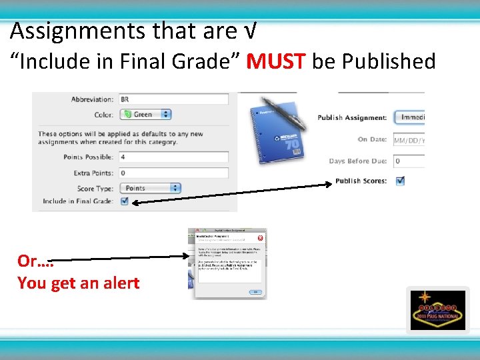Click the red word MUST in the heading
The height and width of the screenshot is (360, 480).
(275, 61)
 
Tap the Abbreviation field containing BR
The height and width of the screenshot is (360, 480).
(173, 99)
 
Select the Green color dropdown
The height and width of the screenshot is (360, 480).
(145, 115)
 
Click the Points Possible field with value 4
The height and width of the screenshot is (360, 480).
(173, 157)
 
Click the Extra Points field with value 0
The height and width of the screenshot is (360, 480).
(173, 173)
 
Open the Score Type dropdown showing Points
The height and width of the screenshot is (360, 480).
(145, 188)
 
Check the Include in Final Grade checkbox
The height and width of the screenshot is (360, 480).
(124, 201)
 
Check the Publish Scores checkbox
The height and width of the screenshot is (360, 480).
(400, 181)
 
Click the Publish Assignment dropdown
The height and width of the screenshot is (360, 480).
(409, 117)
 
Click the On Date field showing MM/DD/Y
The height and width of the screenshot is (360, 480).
(409, 140)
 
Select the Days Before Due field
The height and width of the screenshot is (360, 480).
(409, 161)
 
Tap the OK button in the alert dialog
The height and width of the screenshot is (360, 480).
(254, 292)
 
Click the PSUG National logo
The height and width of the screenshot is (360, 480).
(437, 310)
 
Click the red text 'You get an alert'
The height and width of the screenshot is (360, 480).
(79, 283)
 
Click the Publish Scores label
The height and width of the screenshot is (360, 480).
(361, 181)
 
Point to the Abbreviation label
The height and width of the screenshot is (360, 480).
(93, 99)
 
